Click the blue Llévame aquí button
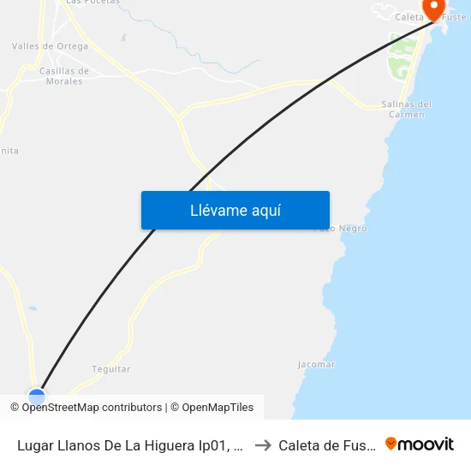point(235,210)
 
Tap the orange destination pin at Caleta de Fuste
point(434,9)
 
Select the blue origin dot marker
point(36,396)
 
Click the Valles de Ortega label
point(50,46)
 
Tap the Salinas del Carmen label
point(406,110)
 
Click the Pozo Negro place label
point(341,229)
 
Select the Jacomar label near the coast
point(316,364)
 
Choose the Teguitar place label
point(111,369)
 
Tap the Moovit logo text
point(426,444)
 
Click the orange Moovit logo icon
point(391,444)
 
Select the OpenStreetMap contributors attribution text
point(92,408)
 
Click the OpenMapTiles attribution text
point(215,408)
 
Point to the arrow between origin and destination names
point(263,444)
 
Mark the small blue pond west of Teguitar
point(33,308)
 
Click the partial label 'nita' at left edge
point(9,151)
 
